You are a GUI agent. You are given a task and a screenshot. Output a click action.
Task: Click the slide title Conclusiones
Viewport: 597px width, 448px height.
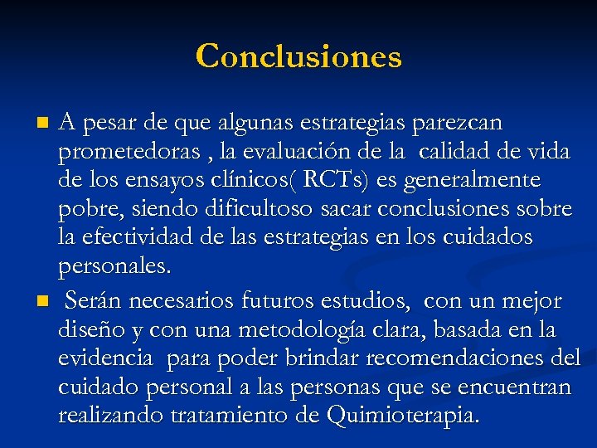298,56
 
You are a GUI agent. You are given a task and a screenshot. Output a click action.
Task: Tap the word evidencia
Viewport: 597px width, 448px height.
105,358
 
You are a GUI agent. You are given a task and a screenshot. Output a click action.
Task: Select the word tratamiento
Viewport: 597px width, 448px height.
232,416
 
